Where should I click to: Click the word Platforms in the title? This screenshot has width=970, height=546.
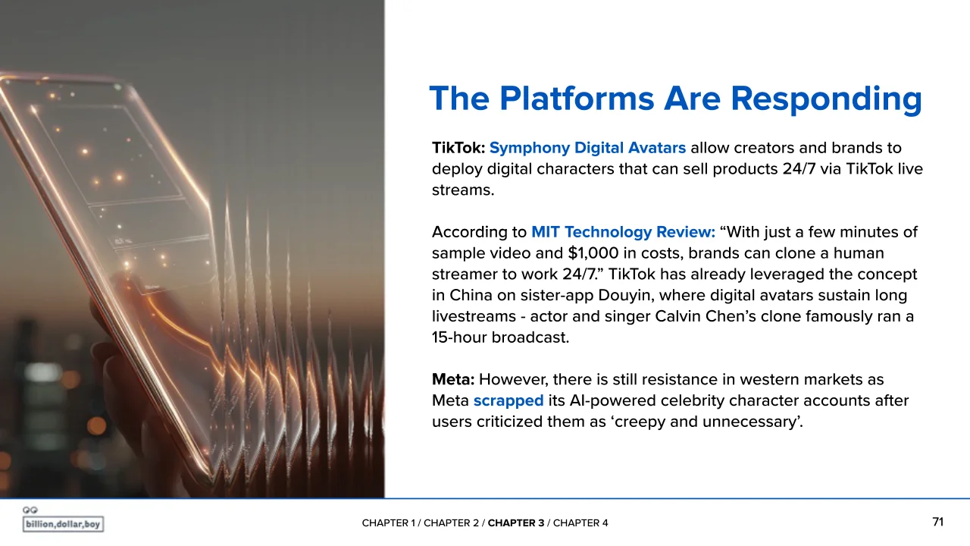(577, 99)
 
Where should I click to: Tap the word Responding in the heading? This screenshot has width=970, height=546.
(826, 99)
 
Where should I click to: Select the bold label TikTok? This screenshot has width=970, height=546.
(458, 148)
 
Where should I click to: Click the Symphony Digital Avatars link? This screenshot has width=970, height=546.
(587, 149)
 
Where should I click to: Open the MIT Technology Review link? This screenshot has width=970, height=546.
(623, 232)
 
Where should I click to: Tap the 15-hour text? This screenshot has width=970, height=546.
(459, 337)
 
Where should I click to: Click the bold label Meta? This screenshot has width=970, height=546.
(453, 380)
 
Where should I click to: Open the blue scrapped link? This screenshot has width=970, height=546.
(508, 401)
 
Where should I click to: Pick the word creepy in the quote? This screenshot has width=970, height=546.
(640, 422)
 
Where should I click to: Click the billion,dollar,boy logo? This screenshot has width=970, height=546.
(63, 524)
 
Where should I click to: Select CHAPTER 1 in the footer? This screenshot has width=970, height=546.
(388, 523)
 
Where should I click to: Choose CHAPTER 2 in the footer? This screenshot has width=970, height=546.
(451, 523)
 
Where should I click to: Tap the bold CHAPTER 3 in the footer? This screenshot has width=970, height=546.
(516, 523)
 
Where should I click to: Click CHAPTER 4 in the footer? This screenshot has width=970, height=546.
(580, 523)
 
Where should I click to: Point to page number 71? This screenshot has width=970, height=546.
(937, 522)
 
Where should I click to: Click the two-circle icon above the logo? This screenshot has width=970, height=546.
(30, 510)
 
